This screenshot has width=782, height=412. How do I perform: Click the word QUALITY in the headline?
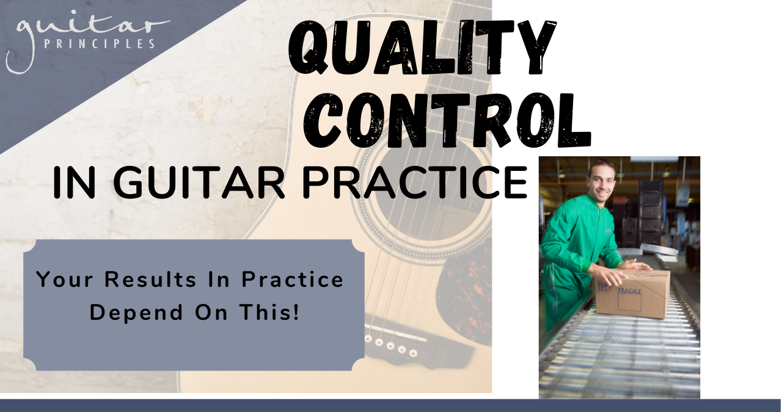(422, 48)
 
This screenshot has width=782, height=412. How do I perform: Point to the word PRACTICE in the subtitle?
(415, 183)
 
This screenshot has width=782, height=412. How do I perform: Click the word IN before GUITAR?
(74, 183)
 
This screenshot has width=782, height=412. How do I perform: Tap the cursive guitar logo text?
(87, 38)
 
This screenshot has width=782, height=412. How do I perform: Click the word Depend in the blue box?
(136, 313)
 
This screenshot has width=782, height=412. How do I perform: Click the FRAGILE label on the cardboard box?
(629, 291)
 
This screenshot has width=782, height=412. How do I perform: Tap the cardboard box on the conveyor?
(632, 294)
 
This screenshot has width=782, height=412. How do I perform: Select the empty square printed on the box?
(629, 302)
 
